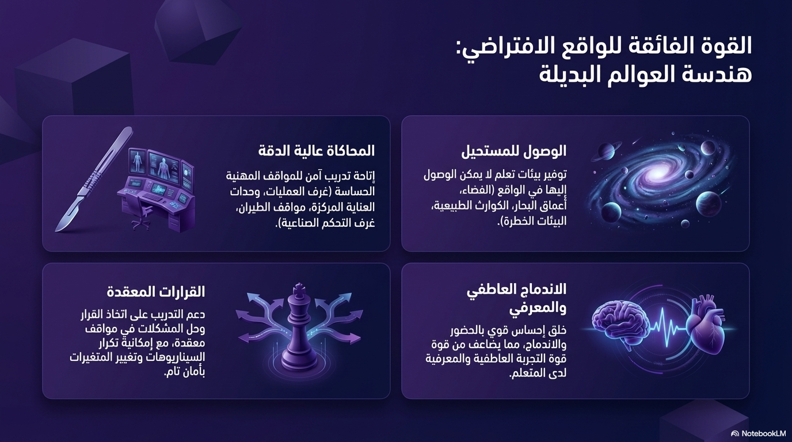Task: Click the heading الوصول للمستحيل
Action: tap(513, 151)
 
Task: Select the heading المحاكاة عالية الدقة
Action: tap(317, 151)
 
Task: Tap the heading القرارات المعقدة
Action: tap(156, 292)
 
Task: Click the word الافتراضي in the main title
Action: tap(499, 46)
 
